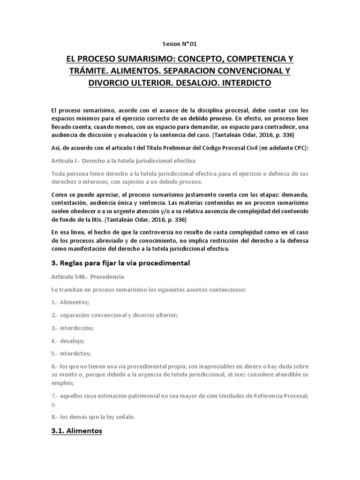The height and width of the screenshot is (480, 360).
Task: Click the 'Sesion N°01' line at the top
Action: click(x=180, y=44)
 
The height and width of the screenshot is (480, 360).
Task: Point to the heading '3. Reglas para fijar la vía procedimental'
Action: click(x=120, y=263)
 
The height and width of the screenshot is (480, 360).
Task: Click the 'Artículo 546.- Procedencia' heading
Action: click(x=87, y=277)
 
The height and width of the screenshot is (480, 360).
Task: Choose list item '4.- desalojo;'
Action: click(x=68, y=341)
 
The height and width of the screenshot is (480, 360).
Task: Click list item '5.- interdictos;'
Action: click(x=71, y=353)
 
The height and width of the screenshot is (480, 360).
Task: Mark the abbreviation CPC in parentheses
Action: click(x=298, y=148)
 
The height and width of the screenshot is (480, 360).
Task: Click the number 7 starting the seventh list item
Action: click(x=53, y=396)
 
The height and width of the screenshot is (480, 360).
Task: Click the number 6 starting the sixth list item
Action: click(x=53, y=366)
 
